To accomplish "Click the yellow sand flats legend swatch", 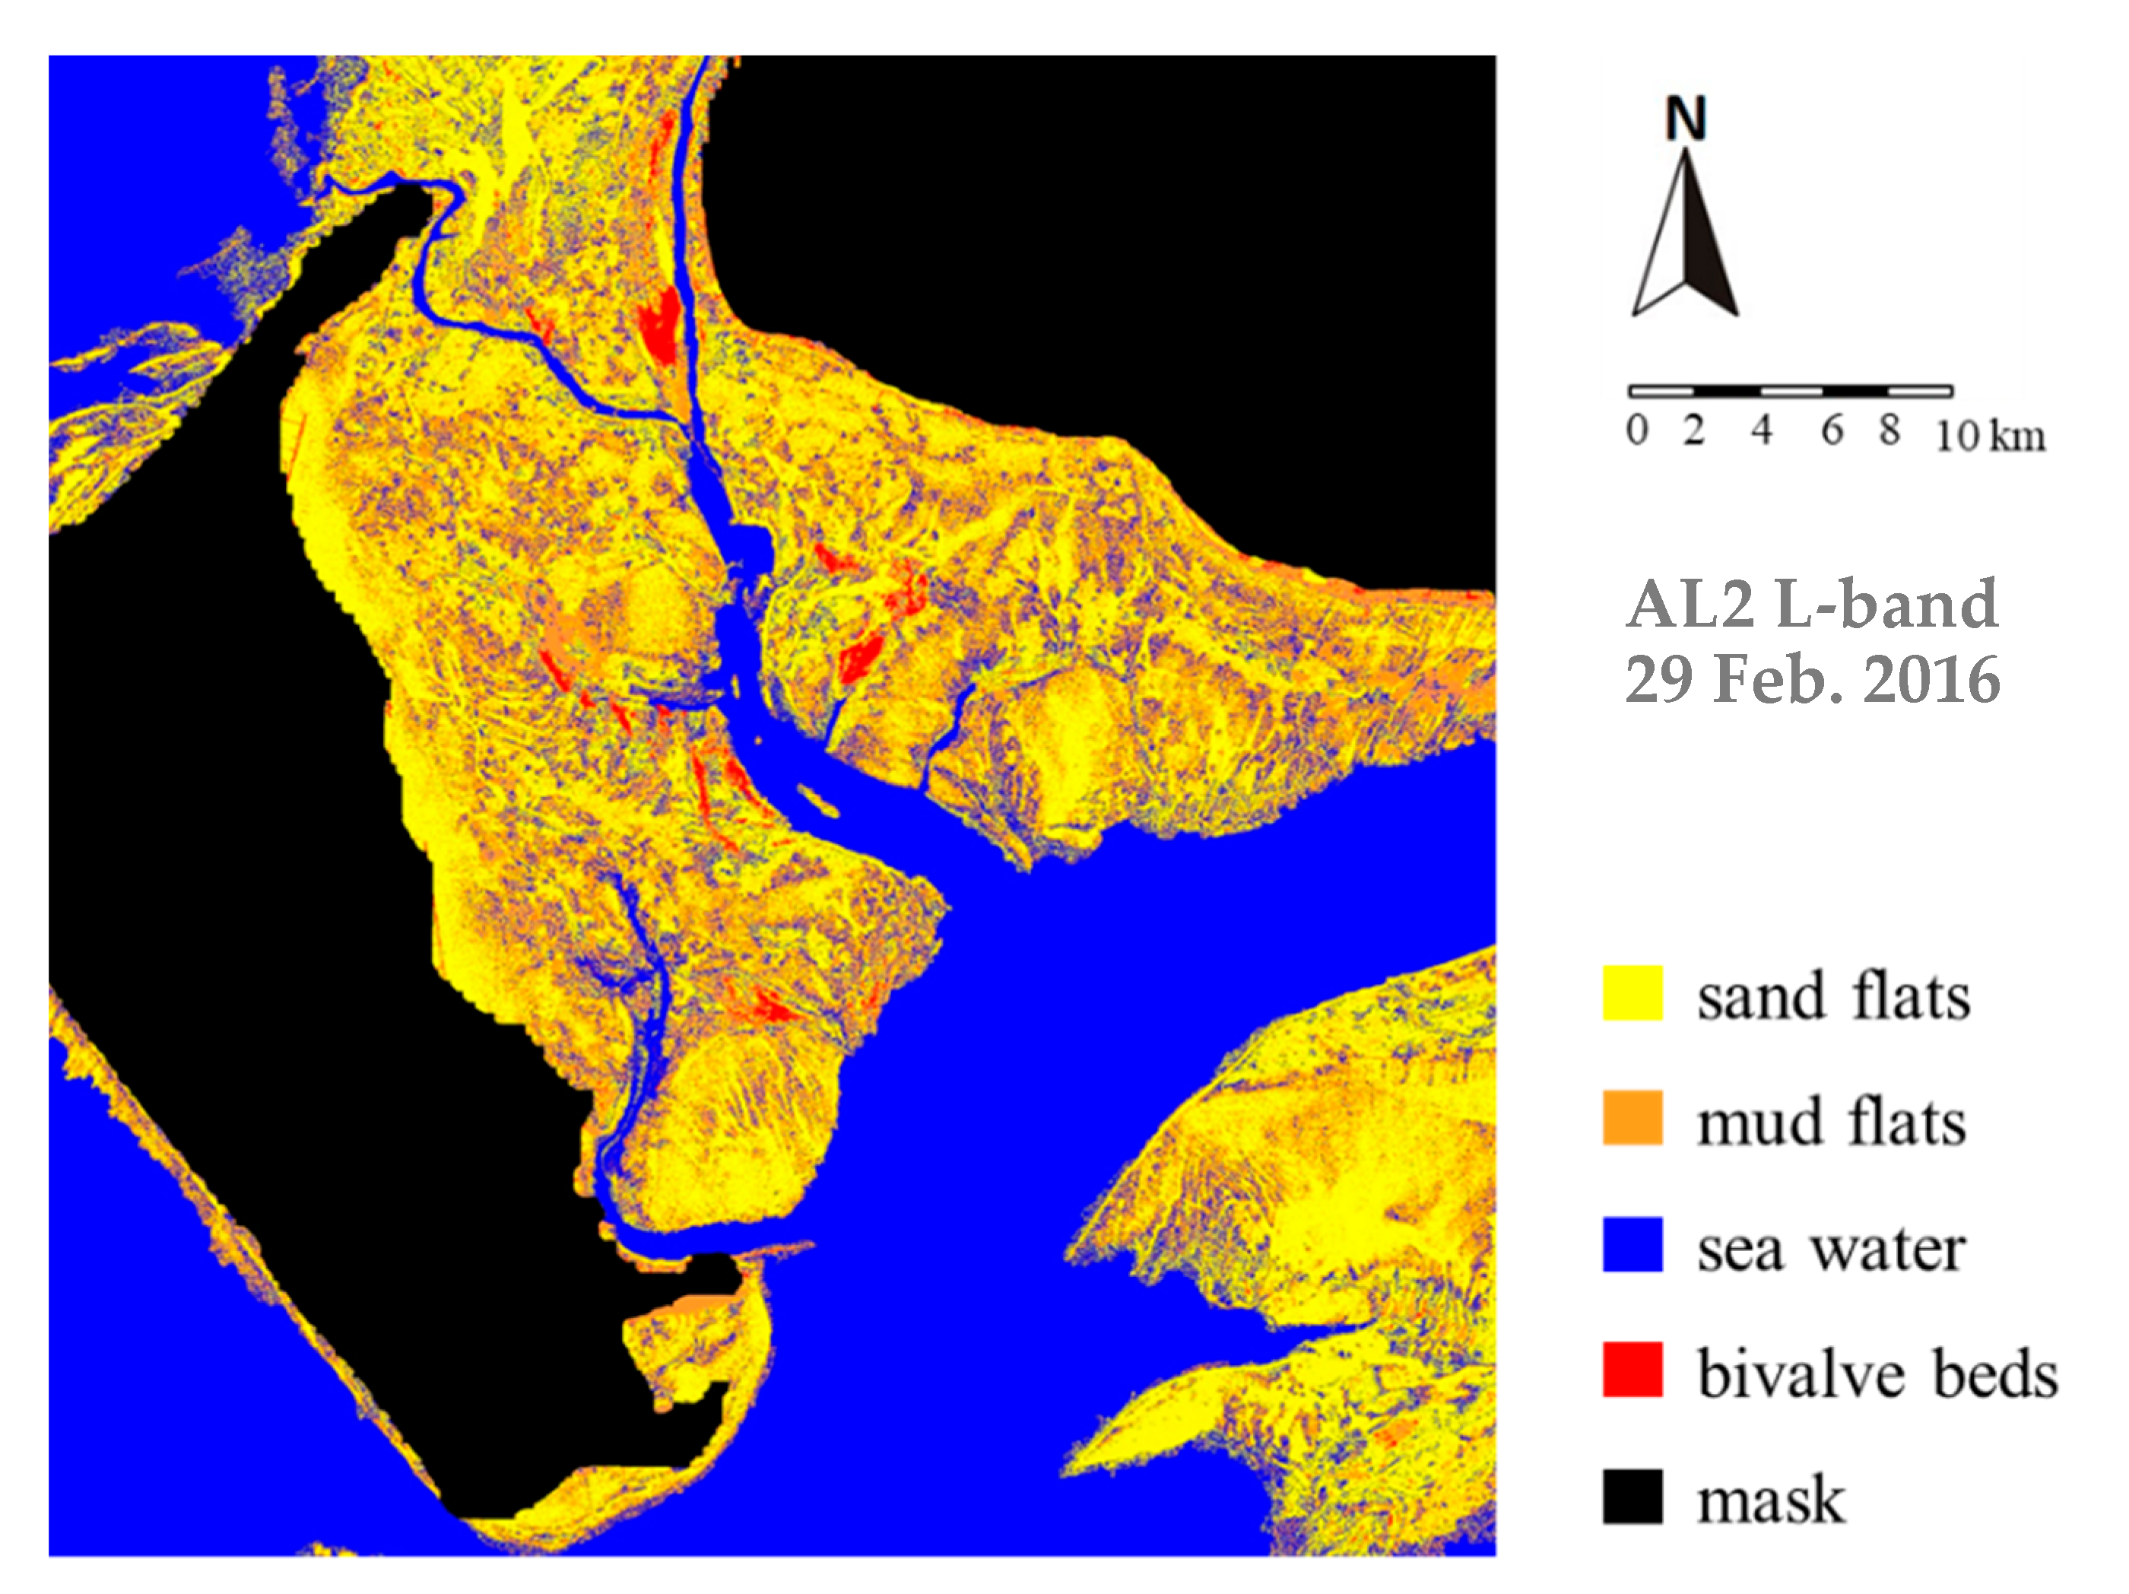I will tap(1632, 992).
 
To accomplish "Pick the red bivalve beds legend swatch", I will tap(1632, 1369).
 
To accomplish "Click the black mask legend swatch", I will tap(1632, 1496).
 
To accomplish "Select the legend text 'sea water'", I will tap(1831, 1249).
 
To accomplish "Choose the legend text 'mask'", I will tap(1771, 1499).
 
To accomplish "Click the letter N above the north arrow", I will tap(1685, 119).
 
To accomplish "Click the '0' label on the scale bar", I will tap(1637, 430).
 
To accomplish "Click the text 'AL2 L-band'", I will tap(1813, 604).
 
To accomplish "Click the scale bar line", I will tap(1790, 391).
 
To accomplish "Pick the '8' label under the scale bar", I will tap(1890, 430).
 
